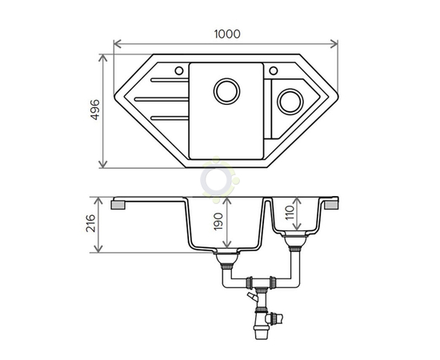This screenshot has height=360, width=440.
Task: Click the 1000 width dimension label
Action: click(x=227, y=34)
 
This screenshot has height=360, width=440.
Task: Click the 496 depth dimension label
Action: click(x=95, y=110)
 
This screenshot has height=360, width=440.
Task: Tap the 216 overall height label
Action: click(x=90, y=223)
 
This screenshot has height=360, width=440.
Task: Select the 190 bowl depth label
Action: click(x=218, y=222)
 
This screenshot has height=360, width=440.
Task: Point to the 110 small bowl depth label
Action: click(x=290, y=213)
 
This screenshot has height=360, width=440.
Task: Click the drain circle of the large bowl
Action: click(x=226, y=91)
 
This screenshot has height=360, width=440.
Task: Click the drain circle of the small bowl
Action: click(x=290, y=102)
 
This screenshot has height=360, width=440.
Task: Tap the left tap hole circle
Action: click(x=179, y=70)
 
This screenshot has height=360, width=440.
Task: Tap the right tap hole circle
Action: click(x=274, y=70)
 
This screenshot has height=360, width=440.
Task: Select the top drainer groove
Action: click(x=170, y=80)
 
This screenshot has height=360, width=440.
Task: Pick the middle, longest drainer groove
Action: click(x=162, y=99)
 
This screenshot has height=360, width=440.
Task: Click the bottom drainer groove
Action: click(x=170, y=118)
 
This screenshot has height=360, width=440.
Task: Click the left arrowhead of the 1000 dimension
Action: click(x=118, y=44)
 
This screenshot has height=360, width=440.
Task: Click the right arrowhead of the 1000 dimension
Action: click(x=334, y=44)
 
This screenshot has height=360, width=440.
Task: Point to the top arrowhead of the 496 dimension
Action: click(x=103, y=58)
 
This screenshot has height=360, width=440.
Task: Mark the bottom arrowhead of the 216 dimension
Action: click(x=98, y=249)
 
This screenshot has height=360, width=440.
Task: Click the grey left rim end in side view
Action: click(x=118, y=205)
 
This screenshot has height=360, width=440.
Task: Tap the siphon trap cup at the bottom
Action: click(x=261, y=333)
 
